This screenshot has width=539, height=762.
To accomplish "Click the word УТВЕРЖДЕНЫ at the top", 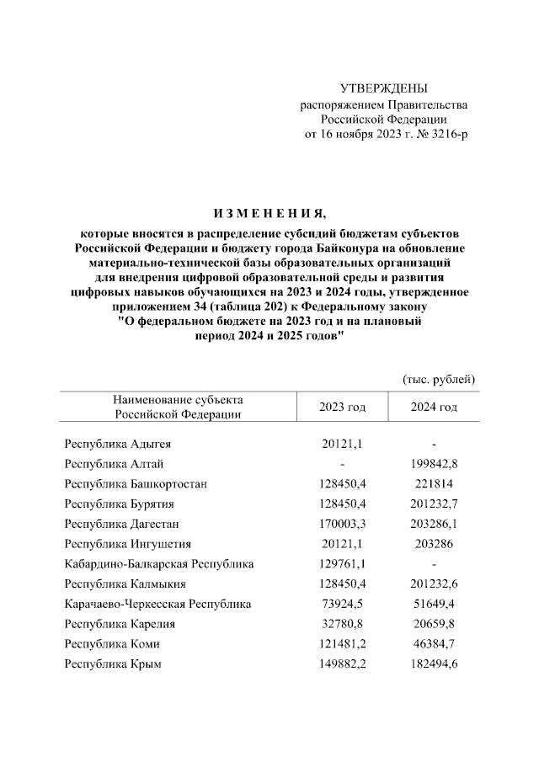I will click(x=384, y=88).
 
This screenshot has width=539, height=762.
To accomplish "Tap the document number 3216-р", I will click(x=446, y=135).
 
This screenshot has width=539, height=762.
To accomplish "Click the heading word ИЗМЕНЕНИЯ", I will click(x=269, y=211).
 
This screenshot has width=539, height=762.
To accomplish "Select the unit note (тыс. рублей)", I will click(x=440, y=379).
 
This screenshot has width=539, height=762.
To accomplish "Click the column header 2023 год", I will click(x=342, y=408).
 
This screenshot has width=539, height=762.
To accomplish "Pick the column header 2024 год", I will click(x=434, y=408).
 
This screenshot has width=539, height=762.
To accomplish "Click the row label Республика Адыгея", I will click(x=118, y=444).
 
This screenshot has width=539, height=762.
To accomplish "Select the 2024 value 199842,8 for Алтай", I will click(x=434, y=464).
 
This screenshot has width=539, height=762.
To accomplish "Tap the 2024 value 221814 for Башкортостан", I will click(x=434, y=484).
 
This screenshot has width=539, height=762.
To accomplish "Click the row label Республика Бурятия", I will click(x=119, y=504).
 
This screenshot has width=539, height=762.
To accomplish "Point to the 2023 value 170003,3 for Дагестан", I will click(x=342, y=524).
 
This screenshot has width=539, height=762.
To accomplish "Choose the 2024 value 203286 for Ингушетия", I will click(x=434, y=544).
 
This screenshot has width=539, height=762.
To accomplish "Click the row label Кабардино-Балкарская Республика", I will click(x=158, y=564).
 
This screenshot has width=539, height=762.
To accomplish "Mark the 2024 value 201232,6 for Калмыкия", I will click(x=434, y=583).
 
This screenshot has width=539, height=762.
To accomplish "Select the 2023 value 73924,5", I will click(x=342, y=604).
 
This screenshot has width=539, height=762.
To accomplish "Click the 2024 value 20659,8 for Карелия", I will click(x=434, y=624).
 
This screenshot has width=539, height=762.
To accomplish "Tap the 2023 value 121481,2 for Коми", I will click(x=342, y=644).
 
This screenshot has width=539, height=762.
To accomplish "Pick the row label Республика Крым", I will click(x=113, y=664).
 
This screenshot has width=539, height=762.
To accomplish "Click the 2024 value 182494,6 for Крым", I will click(x=434, y=664).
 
